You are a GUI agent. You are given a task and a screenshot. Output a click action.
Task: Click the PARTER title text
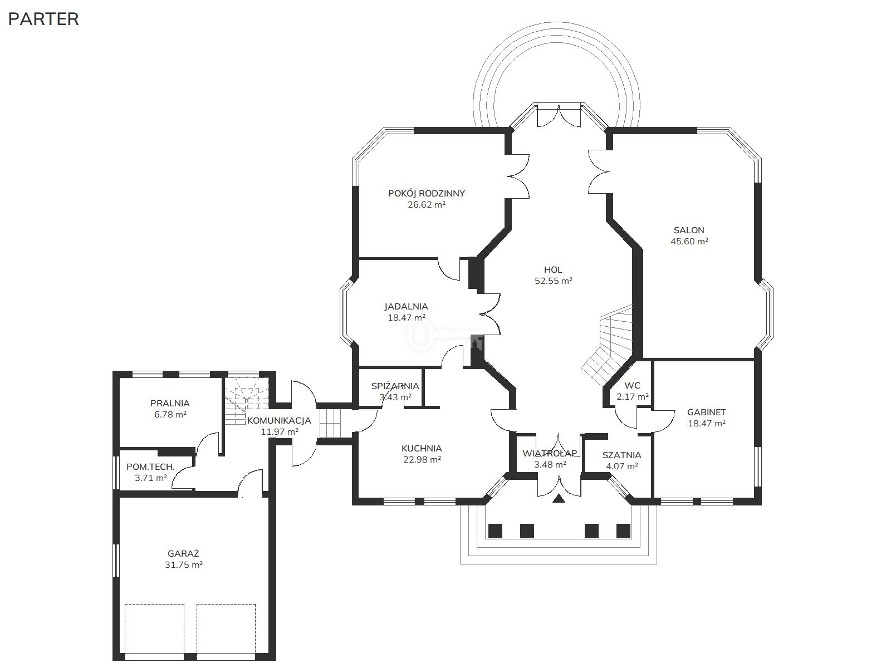pyautogui.click(x=43, y=19)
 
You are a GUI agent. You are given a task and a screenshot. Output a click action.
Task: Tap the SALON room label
pyautogui.click(x=689, y=230)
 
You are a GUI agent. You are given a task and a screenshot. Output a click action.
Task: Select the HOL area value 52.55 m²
pyautogui.click(x=554, y=281)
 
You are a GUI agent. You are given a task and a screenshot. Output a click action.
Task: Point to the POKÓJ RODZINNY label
pyautogui.click(x=426, y=193)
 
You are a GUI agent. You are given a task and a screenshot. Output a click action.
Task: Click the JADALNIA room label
pyautogui.click(x=406, y=306)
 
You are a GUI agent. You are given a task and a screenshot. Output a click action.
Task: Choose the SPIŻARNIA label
pyautogui.click(x=395, y=386)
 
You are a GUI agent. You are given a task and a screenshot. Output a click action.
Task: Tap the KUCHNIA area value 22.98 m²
pyautogui.click(x=422, y=460)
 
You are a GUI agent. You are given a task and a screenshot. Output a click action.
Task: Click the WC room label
pyautogui.click(x=633, y=385)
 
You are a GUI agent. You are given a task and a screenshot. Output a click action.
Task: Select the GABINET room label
pyautogui.click(x=706, y=412)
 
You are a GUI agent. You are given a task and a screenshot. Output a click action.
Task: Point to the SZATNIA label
pyautogui.click(x=621, y=455)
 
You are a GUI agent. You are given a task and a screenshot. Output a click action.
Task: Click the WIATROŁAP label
pyautogui.click(x=550, y=454)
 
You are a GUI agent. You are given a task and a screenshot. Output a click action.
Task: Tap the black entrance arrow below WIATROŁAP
pyautogui.click(x=559, y=498)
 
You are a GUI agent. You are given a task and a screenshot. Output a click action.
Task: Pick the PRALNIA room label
pyautogui.click(x=170, y=403)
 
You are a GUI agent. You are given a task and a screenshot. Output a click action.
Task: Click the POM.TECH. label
pyautogui.click(x=150, y=466)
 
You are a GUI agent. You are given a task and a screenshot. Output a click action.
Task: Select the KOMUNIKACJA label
pyautogui.click(x=279, y=421)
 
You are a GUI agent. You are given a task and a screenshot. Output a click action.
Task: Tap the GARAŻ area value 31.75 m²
pyautogui.click(x=183, y=564)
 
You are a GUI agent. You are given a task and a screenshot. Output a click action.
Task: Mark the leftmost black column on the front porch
pyautogui.click(x=495, y=531)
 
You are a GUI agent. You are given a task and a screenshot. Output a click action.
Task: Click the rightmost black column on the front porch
pyautogui.click(x=623, y=531)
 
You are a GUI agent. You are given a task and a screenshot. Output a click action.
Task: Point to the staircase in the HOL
pyautogui.click(x=608, y=344)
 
